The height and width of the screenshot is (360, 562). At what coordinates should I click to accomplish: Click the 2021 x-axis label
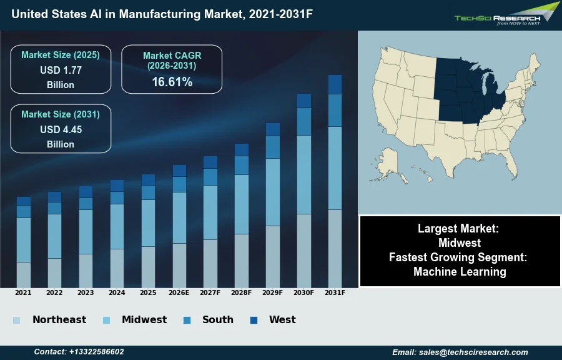click(x=23, y=292)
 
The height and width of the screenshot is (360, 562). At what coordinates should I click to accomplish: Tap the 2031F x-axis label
click(x=335, y=292)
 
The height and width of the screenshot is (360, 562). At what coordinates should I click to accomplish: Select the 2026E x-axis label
click(x=179, y=292)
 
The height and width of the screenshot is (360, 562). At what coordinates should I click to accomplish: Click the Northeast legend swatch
click(x=16, y=320)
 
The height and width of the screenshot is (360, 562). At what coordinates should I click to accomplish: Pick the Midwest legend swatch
click(x=106, y=320)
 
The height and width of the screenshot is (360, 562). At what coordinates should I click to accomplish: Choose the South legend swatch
click(x=187, y=320)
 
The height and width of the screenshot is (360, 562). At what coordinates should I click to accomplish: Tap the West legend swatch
click(x=254, y=320)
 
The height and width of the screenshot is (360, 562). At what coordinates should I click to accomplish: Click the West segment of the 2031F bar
click(x=335, y=84)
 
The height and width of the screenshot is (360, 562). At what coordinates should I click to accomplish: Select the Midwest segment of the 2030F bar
click(x=303, y=174)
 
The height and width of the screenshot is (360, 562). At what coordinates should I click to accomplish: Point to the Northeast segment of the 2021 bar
click(x=23, y=274)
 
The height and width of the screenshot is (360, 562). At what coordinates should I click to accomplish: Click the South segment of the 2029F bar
click(x=272, y=147)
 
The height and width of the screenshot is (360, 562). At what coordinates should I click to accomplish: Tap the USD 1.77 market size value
click(x=61, y=71)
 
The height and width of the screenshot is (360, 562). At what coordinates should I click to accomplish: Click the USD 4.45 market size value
click(x=61, y=130)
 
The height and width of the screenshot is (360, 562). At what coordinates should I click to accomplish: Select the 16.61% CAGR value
click(x=172, y=82)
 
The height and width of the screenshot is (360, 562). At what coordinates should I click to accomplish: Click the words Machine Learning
click(x=460, y=272)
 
